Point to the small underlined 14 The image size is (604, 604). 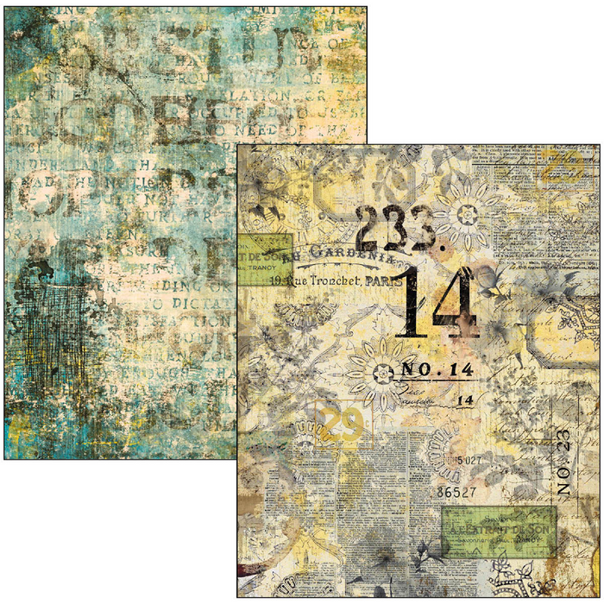tap(465, 400)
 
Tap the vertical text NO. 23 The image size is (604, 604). tap(563, 462)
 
